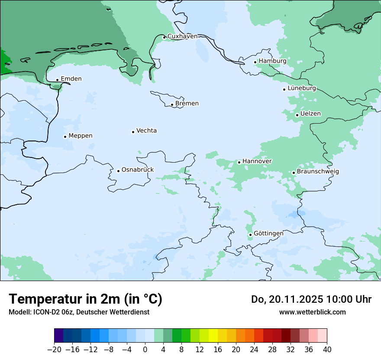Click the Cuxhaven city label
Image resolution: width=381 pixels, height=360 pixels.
point(182,36)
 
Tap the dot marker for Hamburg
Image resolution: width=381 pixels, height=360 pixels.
point(255,62)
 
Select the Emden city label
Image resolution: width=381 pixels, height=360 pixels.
point(71,79)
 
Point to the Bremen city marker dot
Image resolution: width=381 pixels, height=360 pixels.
point(172,105)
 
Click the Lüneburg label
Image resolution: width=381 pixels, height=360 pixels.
point(302,88)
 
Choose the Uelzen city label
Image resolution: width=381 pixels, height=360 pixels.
point(310,114)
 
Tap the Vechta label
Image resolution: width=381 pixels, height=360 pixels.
point(146,131)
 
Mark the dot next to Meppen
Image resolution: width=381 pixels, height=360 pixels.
point(65,137)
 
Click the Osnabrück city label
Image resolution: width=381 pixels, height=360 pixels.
point(138,170)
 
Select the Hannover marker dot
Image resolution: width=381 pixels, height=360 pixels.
point(239,162)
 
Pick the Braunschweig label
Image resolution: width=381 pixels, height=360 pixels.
point(318,171)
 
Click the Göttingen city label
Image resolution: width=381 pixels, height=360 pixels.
point(268,233)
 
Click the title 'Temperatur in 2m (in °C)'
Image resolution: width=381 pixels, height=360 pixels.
point(85,299)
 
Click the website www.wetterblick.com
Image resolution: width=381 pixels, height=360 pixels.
point(312,312)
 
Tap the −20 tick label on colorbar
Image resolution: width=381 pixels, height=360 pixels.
point(54,349)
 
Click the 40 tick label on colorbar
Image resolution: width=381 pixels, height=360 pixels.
point(327,349)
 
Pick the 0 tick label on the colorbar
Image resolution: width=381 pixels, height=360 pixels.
point(145,349)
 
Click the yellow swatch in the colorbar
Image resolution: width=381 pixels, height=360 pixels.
point(213,336)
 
